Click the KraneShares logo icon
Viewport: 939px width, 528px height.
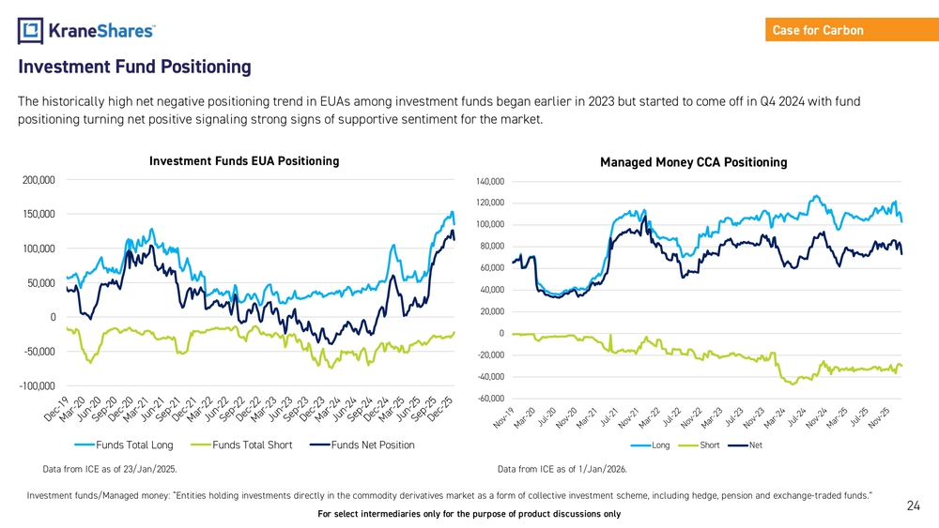coord(31,31)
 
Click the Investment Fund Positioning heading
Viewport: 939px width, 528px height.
coord(134,68)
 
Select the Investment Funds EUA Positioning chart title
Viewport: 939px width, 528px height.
coord(244,161)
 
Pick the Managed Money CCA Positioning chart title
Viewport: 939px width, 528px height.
coord(693,162)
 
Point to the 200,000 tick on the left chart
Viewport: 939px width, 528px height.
coord(37,179)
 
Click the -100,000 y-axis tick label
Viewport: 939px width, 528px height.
coord(37,386)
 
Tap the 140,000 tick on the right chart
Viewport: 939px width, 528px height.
coord(490,181)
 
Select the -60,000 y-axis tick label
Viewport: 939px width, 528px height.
coord(490,399)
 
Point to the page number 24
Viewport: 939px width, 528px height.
coord(913,506)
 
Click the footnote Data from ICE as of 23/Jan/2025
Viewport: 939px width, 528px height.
coord(110,468)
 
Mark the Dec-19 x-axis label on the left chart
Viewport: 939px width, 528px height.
coord(54,408)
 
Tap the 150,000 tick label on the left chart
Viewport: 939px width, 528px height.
coord(37,214)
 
